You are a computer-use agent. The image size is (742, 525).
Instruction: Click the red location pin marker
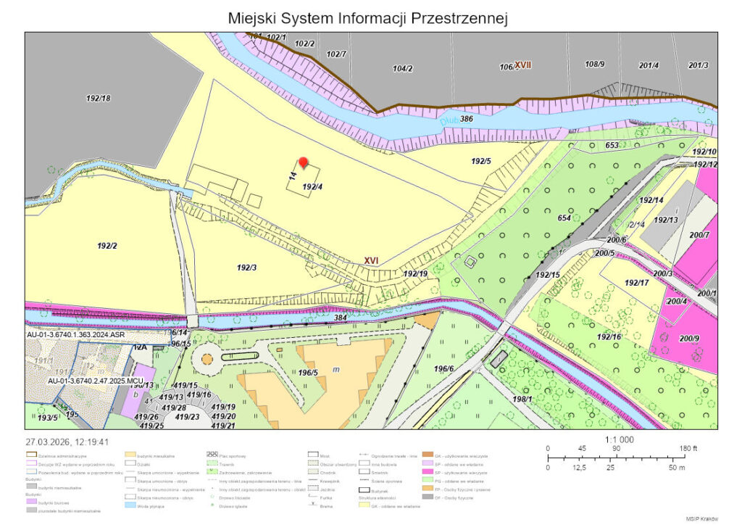click(304, 163)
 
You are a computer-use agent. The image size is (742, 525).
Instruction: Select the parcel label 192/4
click(312, 186)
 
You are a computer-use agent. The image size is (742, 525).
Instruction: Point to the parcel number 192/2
click(107, 246)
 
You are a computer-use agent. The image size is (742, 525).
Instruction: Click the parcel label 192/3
click(247, 268)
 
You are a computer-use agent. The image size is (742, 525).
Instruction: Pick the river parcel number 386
click(467, 118)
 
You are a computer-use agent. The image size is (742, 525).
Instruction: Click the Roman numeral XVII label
click(522, 65)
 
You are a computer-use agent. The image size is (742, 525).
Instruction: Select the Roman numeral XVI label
click(372, 260)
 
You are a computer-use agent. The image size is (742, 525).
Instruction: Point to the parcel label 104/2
click(402, 68)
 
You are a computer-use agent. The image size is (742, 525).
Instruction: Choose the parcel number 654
click(564, 218)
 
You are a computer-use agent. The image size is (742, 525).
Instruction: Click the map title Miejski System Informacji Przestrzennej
click(367, 17)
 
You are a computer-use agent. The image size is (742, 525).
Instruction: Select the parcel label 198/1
click(522, 398)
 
